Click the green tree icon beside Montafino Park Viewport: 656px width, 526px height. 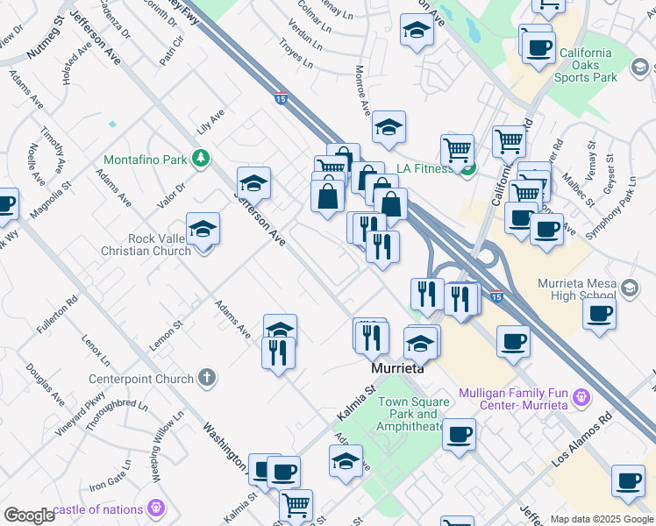tap(203, 158)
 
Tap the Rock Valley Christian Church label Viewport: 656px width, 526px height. tap(146, 245)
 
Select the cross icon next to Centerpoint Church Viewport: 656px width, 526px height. tap(207, 379)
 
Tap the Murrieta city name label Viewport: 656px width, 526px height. tap(398, 369)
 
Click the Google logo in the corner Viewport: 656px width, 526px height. tap(28, 515)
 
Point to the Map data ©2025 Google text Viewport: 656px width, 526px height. tap(602, 519)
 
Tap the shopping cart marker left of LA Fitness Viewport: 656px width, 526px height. tap(457, 150)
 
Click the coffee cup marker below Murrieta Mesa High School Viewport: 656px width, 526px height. tap(599, 313)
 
